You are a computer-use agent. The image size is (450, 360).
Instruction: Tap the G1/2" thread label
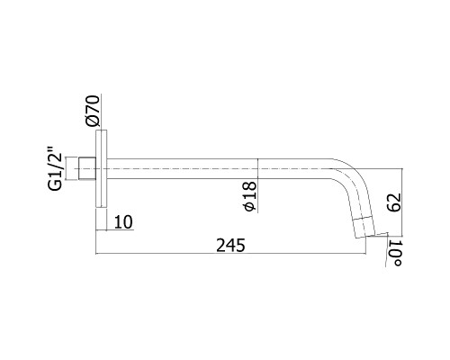[55, 168]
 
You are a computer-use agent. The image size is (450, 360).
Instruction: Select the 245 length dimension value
[230, 246]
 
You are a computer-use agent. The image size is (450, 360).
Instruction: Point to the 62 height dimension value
[394, 202]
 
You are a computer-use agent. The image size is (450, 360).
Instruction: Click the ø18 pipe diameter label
[250, 196]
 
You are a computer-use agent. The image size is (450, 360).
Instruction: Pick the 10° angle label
[395, 253]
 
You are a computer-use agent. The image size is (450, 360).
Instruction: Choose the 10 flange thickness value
[123, 222]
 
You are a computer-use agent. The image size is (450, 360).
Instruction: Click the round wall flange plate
[102, 168]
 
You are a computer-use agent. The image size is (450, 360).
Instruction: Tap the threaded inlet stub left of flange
[87, 169]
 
